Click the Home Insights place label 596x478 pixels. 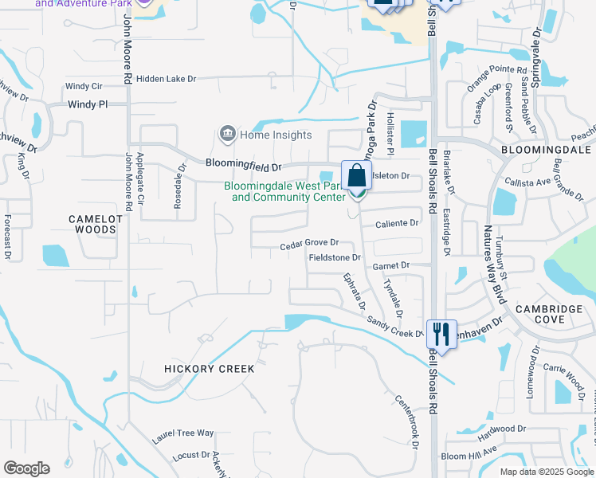pyautogui.click(x=276, y=135)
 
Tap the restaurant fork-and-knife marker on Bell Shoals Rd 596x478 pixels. pyautogui.click(x=441, y=335)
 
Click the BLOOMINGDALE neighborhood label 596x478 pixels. pyautogui.click(x=546, y=149)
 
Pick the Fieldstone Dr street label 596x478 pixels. pyautogui.click(x=335, y=258)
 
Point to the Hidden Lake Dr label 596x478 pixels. pyautogui.click(x=166, y=79)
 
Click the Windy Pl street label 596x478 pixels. pyautogui.click(x=87, y=104)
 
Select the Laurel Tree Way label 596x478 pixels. pyautogui.click(x=183, y=433)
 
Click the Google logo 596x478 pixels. pyautogui.click(x=26, y=468)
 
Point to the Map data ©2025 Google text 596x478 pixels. pyautogui.click(x=546, y=472)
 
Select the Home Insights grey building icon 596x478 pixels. pyautogui.click(x=228, y=133)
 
